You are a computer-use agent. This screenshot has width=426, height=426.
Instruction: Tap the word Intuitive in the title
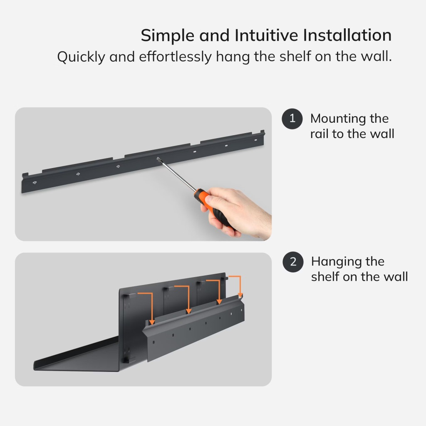pos(266,35)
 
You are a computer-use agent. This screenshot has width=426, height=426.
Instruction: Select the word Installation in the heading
pos(347,35)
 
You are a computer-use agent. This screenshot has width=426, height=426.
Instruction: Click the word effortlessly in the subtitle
pos(175,57)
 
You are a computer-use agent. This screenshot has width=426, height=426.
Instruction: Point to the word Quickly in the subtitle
pos(81,57)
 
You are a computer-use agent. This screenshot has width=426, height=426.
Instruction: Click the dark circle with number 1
pos(292,119)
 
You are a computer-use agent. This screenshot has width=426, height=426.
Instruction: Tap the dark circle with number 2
pos(293,262)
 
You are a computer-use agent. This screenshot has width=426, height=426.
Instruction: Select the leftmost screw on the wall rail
pos(35,183)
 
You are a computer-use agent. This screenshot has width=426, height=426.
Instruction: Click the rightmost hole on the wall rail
pos(255,140)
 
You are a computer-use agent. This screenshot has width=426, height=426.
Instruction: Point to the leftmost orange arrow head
pos(152,322)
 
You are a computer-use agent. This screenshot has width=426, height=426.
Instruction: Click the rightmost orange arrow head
pos(240,295)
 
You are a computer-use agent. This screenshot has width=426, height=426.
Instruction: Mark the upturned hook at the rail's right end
pos(262,134)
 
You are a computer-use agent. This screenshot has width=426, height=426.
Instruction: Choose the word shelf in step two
pos(324,277)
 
